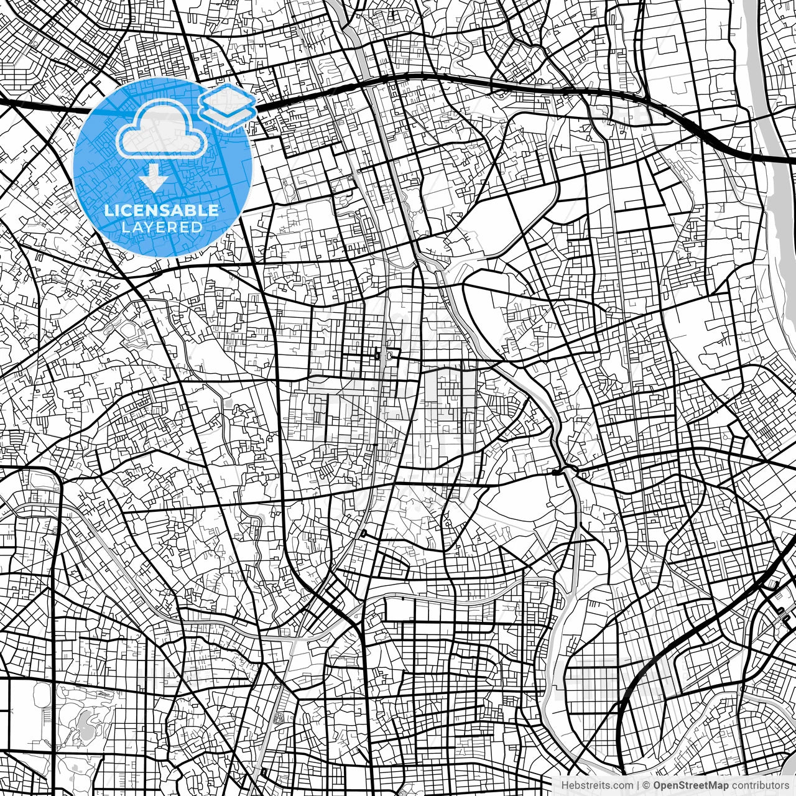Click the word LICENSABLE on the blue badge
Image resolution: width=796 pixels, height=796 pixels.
(162, 210)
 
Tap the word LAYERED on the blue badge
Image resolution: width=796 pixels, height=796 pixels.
(162, 228)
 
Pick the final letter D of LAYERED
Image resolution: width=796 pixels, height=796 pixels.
(198, 228)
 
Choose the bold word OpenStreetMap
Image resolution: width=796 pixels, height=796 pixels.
(690, 786)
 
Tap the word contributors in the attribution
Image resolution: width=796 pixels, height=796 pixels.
(759, 786)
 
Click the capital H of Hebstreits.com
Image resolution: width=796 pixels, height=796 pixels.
(564, 786)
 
